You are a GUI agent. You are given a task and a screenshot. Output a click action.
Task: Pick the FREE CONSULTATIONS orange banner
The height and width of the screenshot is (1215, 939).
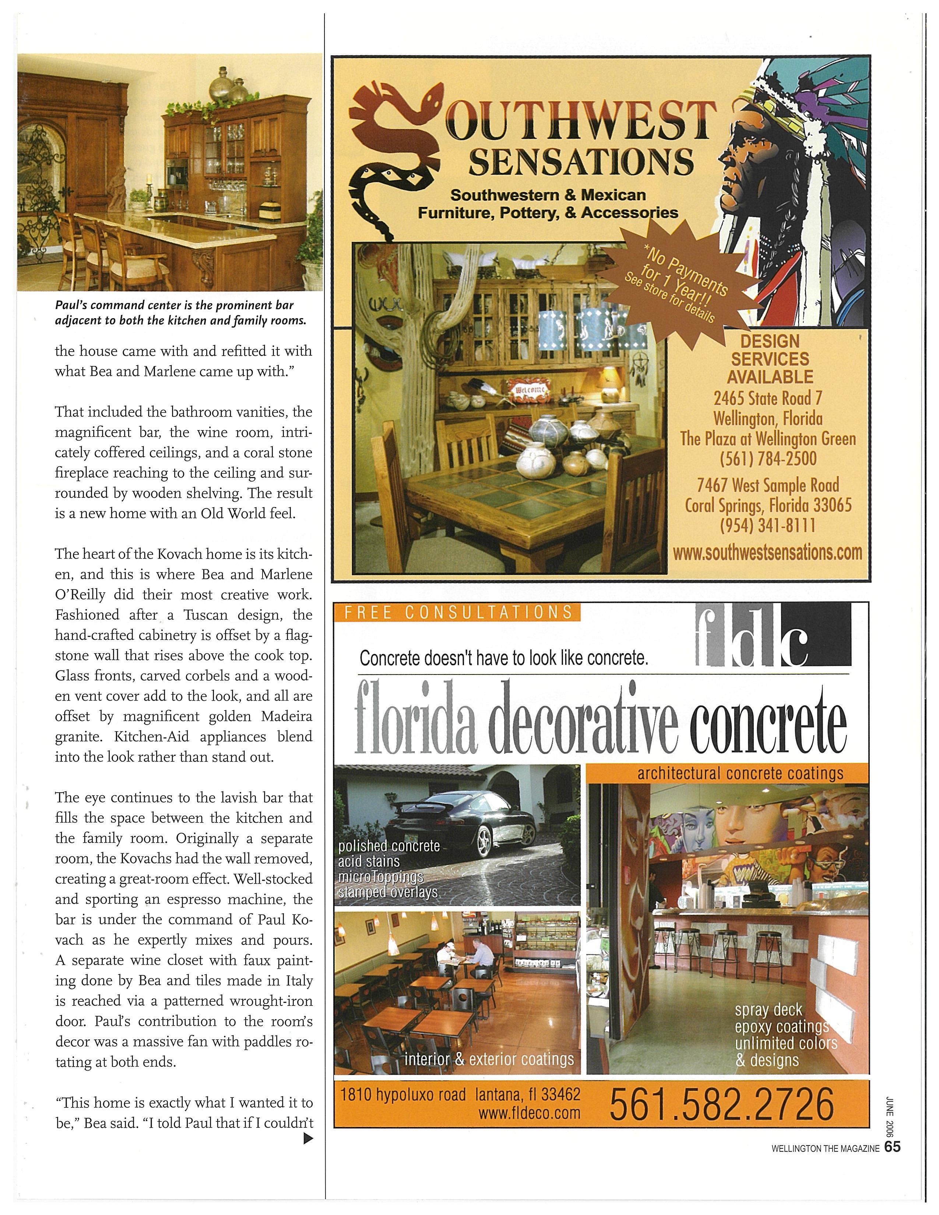pyautogui.click(x=457, y=613)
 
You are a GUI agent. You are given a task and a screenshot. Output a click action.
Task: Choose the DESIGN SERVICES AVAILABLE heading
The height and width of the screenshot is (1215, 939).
pyautogui.click(x=770, y=359)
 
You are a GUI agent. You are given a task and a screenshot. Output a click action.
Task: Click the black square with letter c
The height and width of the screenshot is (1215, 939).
pyautogui.click(x=817, y=636)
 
